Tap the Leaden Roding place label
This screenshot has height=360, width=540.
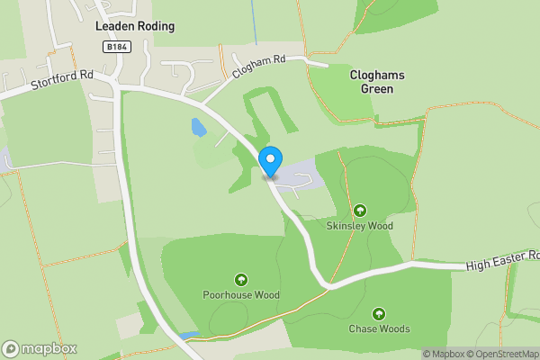[x=135, y=26]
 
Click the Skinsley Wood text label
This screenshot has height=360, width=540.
[x=360, y=226]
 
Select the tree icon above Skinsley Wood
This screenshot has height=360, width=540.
[x=360, y=209]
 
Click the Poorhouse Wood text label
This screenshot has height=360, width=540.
[x=241, y=295]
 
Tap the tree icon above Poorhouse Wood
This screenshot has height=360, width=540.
[x=241, y=279]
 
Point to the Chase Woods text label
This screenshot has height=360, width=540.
[x=378, y=328]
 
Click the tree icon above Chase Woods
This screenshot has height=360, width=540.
[x=378, y=313]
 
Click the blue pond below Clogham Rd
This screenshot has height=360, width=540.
[x=197, y=129]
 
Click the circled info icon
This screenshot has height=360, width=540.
[x=415, y=354]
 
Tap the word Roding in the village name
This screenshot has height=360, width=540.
[x=156, y=26]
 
